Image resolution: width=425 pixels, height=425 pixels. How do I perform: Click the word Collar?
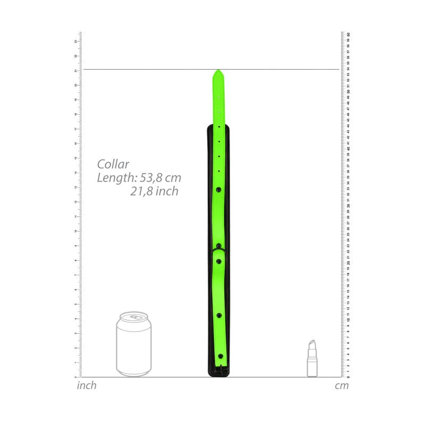click(113, 165)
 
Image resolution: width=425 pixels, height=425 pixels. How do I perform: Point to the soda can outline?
click(133, 345)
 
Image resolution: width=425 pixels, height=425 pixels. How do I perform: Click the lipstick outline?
click(312, 359)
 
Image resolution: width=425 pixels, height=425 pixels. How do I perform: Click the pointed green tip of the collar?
click(217, 73)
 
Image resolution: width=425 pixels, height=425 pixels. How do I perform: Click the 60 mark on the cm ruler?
click(348, 34)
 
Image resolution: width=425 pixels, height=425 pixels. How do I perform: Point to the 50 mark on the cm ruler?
click(348, 91)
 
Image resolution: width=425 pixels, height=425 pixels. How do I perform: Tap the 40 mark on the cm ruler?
click(348, 148)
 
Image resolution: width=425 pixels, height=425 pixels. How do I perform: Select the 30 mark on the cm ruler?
click(348, 206)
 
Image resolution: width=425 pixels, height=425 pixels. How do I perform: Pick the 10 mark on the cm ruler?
click(348, 320)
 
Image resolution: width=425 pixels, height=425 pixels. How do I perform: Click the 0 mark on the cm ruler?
click(348, 377)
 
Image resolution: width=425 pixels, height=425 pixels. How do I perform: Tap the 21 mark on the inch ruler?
click(76, 70)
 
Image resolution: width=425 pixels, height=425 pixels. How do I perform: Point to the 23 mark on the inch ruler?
click(76, 41)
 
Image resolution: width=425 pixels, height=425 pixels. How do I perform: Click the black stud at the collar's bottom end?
click(220, 356)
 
